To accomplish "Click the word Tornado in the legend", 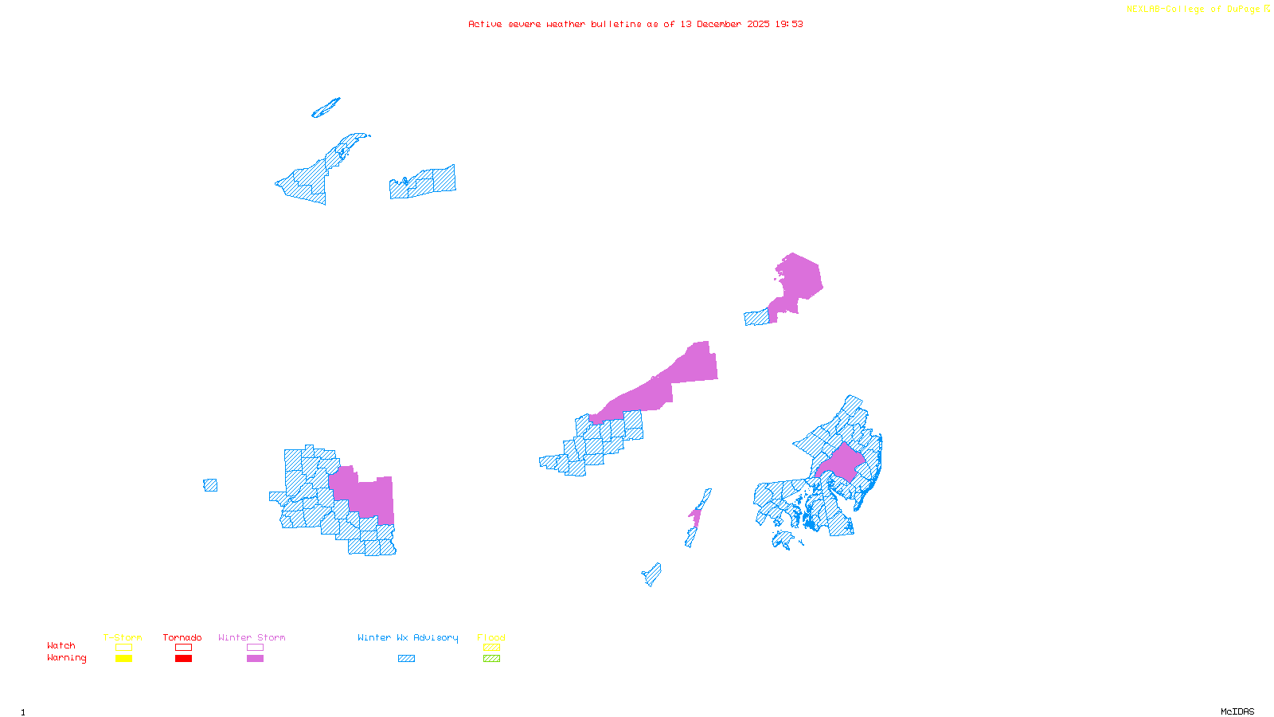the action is (182, 637).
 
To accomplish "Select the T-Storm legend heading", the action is (123, 637).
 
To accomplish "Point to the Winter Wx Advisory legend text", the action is (408, 637).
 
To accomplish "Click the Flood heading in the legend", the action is (491, 637).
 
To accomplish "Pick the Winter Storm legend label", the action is (252, 637).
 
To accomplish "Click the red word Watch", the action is (61, 646).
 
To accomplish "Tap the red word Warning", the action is (66, 658).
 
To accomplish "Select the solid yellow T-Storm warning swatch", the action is (123, 659).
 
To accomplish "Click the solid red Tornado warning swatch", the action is (183, 659).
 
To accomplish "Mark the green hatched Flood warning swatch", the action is (492, 659).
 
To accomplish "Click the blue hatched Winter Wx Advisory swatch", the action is (406, 659).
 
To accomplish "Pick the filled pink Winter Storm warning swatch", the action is (255, 659).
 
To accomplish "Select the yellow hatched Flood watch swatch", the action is (492, 648).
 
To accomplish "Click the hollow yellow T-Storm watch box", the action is (123, 648).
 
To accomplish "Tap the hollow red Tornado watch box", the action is (183, 648).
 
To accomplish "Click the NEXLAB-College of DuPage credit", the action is (1198, 10).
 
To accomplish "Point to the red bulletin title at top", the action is (635, 25).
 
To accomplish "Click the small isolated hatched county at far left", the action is (210, 485).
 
